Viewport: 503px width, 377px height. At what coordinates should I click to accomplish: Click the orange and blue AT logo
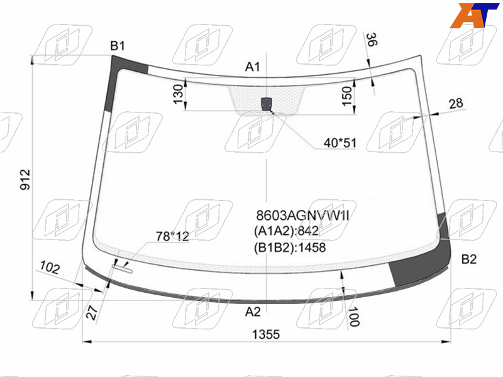[474, 15]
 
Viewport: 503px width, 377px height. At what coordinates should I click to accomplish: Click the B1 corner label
[118, 46]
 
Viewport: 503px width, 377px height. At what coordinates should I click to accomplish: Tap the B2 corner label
[468, 259]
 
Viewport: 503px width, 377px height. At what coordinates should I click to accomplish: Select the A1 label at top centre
[253, 67]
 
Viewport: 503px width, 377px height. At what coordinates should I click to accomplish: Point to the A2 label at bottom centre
[253, 312]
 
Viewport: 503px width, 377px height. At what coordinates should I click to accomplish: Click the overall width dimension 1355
[266, 334]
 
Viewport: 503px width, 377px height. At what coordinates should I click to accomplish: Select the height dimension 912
[25, 180]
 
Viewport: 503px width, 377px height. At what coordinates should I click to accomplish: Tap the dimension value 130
[178, 94]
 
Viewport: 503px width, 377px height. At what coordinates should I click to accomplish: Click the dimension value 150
[346, 96]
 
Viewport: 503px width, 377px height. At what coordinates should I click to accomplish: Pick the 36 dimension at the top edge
[372, 40]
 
